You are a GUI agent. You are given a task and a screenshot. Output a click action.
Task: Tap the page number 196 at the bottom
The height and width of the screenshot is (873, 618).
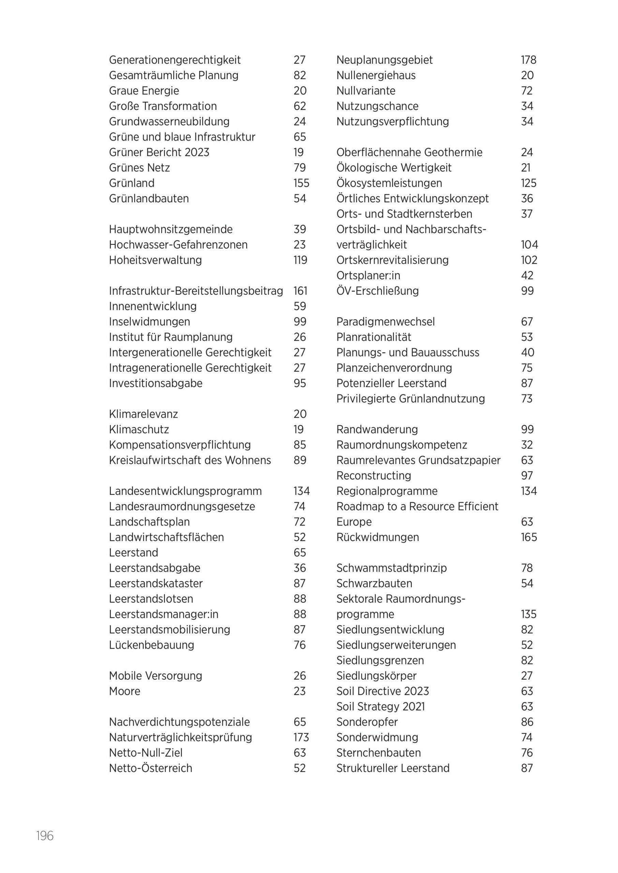(x=45, y=836)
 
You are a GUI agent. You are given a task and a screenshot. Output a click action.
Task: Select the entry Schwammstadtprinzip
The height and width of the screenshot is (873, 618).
(x=391, y=568)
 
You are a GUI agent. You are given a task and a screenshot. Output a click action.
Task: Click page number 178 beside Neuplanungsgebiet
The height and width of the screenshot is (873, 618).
(x=528, y=60)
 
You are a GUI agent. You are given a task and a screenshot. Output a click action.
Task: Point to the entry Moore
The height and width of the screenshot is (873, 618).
(x=124, y=691)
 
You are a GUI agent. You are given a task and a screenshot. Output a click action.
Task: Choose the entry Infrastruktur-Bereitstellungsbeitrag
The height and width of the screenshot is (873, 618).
(x=196, y=291)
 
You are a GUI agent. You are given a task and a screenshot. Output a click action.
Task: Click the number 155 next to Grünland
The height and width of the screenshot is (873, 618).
(x=301, y=183)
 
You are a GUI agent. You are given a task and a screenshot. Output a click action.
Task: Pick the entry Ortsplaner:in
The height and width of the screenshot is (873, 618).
(x=368, y=276)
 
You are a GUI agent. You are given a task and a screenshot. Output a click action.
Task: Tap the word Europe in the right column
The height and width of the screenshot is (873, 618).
(x=354, y=522)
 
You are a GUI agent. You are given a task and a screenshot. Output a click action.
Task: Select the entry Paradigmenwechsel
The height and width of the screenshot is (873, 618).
(x=386, y=322)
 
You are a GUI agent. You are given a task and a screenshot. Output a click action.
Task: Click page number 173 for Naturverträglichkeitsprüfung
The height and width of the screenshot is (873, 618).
(x=301, y=737)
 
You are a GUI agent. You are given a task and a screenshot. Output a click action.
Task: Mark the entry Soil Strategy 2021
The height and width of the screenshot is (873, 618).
(x=380, y=707)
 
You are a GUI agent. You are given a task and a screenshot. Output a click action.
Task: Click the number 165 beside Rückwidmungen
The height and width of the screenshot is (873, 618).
(x=529, y=537)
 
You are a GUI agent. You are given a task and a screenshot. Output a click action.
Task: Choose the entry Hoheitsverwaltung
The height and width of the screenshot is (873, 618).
(x=155, y=260)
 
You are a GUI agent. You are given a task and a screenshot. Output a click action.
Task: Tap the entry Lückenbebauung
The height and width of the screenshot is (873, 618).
(x=151, y=645)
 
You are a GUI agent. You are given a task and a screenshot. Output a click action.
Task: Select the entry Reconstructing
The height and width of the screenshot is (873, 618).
(x=374, y=475)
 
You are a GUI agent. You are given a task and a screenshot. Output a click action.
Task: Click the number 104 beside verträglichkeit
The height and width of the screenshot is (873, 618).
(x=529, y=245)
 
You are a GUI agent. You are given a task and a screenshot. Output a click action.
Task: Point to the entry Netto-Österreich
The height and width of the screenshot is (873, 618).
(x=150, y=768)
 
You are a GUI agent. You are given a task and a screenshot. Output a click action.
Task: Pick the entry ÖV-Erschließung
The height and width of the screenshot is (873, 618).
(x=377, y=291)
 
